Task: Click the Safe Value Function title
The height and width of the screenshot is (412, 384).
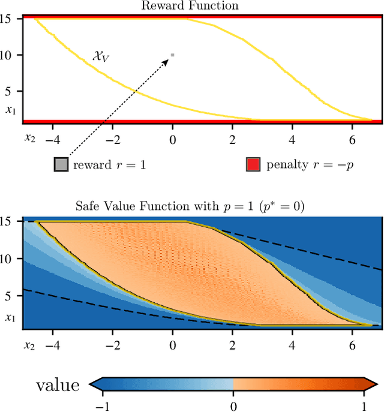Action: click(x=191, y=207)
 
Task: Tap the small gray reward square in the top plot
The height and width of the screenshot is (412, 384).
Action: click(x=173, y=55)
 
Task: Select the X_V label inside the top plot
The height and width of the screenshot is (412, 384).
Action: click(x=100, y=56)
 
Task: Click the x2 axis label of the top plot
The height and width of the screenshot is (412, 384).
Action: click(x=30, y=138)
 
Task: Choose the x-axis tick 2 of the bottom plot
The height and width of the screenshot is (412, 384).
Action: click(x=233, y=345)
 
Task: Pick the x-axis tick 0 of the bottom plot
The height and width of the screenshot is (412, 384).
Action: click(x=173, y=345)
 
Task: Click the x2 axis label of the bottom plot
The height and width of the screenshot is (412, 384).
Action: click(x=30, y=345)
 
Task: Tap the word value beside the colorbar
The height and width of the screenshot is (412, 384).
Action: click(x=58, y=384)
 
